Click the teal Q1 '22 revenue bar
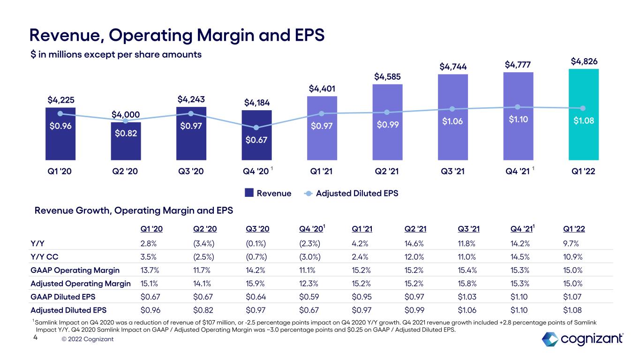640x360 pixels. [583, 114]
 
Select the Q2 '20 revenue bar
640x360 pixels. [126, 141]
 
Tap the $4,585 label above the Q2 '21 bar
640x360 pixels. [387, 76]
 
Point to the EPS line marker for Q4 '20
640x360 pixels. [256, 127]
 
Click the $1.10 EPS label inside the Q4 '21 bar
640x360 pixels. [518, 119]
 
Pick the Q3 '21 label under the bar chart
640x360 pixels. [452, 171]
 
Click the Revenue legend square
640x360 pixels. [249, 193]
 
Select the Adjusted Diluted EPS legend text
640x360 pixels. [357, 193]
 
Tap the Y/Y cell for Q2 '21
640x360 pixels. [414, 243]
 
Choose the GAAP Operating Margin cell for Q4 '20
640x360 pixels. [307, 270]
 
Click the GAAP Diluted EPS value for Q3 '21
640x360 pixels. [467, 297]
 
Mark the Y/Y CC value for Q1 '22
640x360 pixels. [572, 256]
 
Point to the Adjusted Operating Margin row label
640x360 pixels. [81, 284]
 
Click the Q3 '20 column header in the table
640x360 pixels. [257, 229]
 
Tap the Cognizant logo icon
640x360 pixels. [550, 339]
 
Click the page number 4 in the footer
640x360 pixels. [36, 337]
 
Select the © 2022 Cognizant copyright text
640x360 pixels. [87, 339]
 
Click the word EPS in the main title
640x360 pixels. [309, 35]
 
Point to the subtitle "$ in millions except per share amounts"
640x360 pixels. [116, 54]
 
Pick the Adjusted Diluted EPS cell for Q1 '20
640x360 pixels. [151, 310]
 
